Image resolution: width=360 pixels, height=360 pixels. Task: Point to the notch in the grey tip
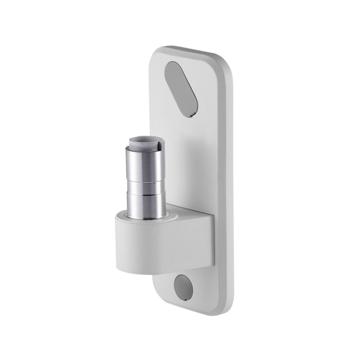coord(160,145)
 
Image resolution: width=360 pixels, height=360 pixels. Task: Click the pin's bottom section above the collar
coord(146,205)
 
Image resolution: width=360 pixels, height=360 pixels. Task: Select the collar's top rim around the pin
coord(169,215)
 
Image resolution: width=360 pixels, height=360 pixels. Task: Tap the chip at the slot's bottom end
coord(191,114)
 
